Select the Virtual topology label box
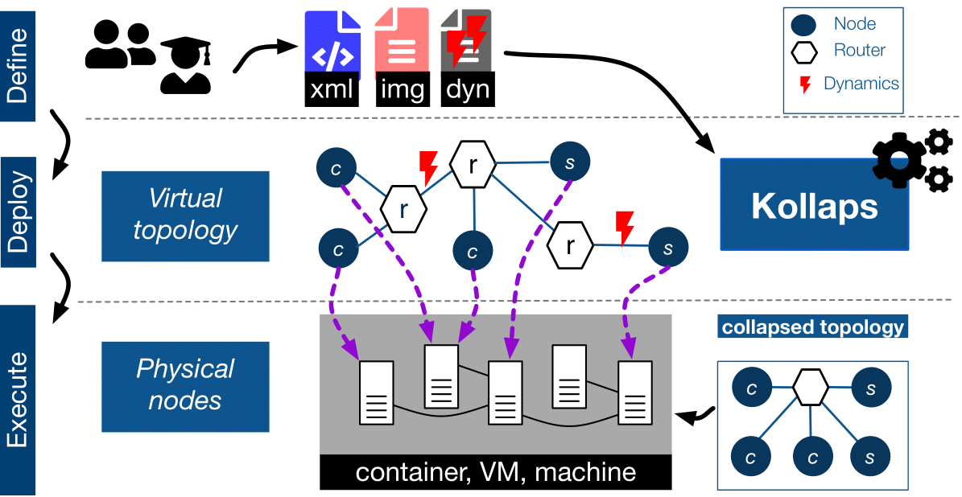185,216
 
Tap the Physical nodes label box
185,386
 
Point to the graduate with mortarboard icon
186,65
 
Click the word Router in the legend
859,50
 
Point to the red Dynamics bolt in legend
803,84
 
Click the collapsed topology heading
812,327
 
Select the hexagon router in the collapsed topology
810,388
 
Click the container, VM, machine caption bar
495,472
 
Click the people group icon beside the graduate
119,45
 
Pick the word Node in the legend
855,24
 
